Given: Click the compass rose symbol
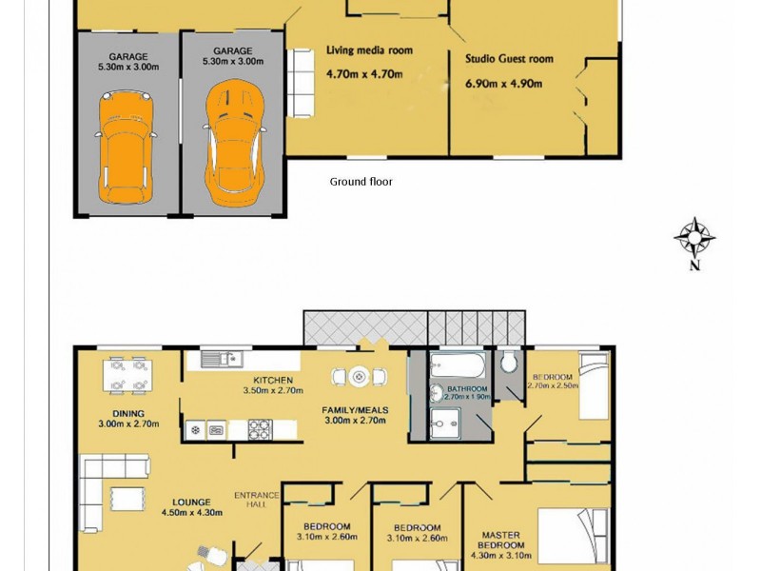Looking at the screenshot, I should click(694, 236).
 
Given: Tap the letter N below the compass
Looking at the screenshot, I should click(694, 266).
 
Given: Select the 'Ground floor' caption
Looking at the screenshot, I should click(361, 182).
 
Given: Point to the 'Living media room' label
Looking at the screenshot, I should click(369, 50).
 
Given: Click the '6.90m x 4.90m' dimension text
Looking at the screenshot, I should click(503, 84).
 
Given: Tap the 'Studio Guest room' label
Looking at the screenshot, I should click(509, 59).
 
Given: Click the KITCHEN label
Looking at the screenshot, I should click(272, 380).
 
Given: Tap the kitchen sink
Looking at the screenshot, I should click(223, 359).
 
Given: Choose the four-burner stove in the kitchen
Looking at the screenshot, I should click(261, 429).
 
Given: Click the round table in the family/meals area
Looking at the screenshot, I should click(359, 377).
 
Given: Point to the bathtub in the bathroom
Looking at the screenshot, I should click(457, 364).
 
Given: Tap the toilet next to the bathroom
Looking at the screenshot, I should click(509, 363).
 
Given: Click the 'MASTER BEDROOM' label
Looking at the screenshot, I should click(501, 540).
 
